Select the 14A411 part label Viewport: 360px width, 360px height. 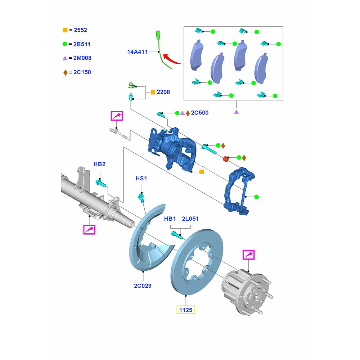138,52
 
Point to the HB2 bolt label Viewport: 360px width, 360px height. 99,164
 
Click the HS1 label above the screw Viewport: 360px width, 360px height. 141,178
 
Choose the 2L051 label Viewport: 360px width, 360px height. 190,219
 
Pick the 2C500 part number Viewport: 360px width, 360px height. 199,113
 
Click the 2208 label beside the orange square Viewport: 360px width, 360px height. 163,92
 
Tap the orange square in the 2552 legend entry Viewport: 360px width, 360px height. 65,30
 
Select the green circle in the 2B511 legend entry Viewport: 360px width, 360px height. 65,44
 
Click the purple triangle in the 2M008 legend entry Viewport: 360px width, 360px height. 65,58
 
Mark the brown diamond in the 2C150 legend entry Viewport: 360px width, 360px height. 65,72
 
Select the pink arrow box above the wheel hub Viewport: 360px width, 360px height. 248,255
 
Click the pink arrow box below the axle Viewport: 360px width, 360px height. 89,229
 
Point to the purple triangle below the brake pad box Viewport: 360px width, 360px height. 237,112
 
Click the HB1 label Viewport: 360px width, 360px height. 170,219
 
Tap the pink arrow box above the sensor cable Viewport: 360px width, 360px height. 117,116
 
